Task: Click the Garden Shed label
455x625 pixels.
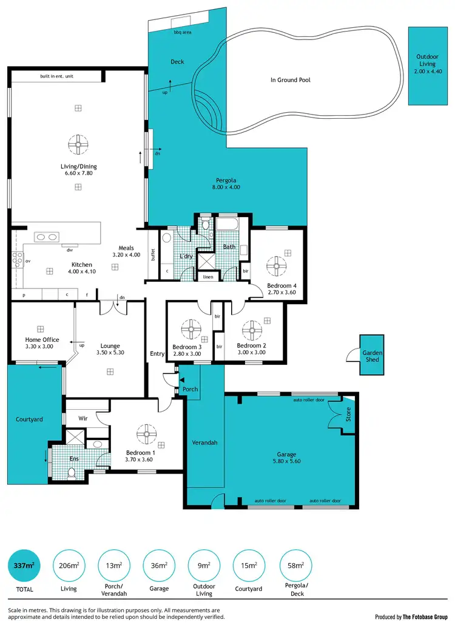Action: point(371,356)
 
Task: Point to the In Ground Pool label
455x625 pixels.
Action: point(290,79)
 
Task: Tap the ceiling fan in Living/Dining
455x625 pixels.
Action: point(78,144)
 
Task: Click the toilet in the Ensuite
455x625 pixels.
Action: point(71,472)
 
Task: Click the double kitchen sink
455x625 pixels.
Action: point(46,237)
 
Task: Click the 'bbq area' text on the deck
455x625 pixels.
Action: point(183,32)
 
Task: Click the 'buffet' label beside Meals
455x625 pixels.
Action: point(153,255)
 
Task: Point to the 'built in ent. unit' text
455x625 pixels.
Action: point(57,76)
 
